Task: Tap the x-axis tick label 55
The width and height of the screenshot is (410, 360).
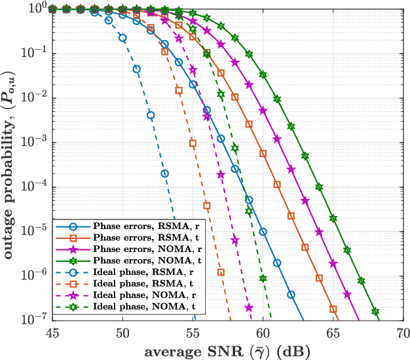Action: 193,332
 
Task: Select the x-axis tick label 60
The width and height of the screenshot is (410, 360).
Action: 263,332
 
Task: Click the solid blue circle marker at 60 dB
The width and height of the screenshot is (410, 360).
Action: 263,231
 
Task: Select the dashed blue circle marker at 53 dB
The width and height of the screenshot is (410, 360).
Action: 164,173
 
